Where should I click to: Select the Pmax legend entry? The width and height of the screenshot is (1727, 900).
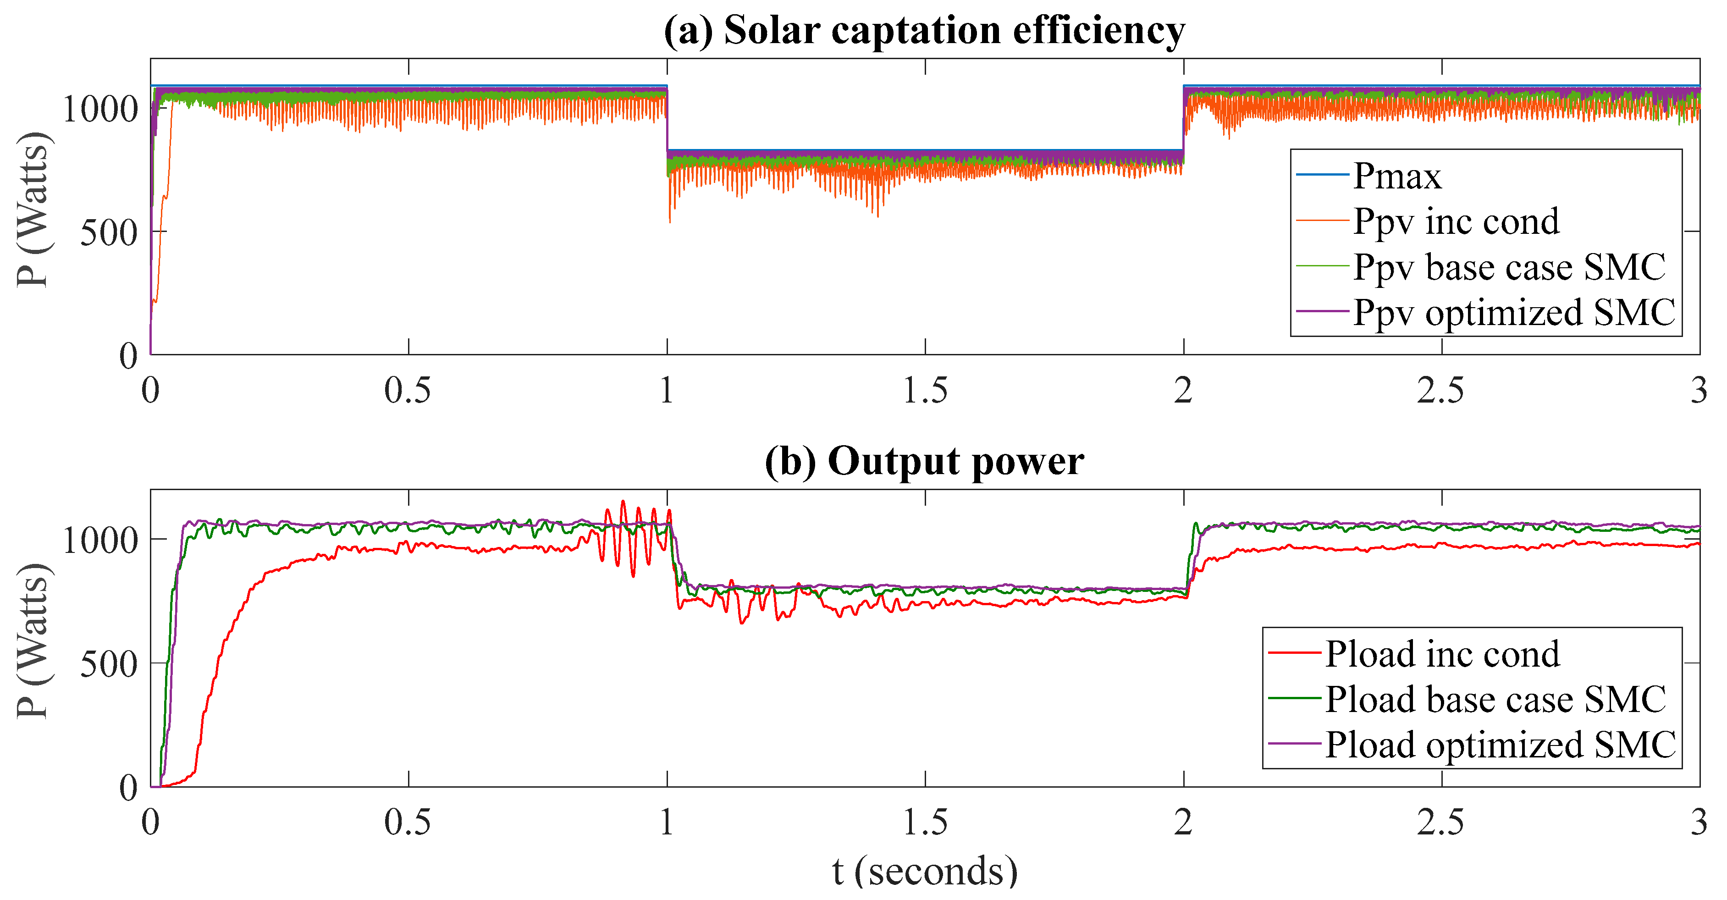1397,177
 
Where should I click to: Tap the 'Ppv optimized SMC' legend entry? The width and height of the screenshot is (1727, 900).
1514,313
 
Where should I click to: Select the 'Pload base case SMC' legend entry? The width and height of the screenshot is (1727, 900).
1495,700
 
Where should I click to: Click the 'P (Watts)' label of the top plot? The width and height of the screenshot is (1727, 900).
32,209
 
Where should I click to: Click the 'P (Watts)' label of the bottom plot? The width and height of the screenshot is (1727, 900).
32,640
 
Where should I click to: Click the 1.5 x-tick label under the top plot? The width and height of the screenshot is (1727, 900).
925,390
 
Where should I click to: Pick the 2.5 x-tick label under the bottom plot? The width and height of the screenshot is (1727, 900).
1441,822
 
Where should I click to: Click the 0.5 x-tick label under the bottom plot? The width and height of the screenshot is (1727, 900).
408,822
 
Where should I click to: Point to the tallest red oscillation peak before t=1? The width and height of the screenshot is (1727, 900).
623,501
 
